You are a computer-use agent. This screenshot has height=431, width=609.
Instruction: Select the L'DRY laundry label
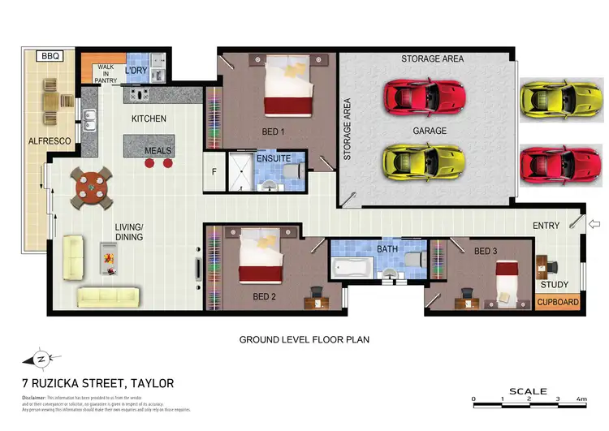(x=135, y=71)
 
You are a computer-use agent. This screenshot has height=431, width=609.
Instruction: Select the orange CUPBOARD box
(x=558, y=303)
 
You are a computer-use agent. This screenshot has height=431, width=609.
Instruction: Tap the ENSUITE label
(x=273, y=159)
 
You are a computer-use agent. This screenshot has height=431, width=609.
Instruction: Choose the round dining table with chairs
(x=90, y=188)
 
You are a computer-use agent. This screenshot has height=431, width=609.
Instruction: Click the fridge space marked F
(x=214, y=171)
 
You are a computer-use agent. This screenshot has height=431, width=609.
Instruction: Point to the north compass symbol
(x=41, y=358)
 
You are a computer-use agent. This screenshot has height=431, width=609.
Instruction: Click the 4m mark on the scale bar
(x=581, y=400)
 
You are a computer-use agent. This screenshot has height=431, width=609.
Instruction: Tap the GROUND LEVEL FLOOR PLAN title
(x=304, y=340)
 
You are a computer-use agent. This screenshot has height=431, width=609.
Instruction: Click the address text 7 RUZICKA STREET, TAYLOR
(x=97, y=383)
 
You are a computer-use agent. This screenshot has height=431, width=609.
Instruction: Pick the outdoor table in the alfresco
(x=50, y=99)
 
